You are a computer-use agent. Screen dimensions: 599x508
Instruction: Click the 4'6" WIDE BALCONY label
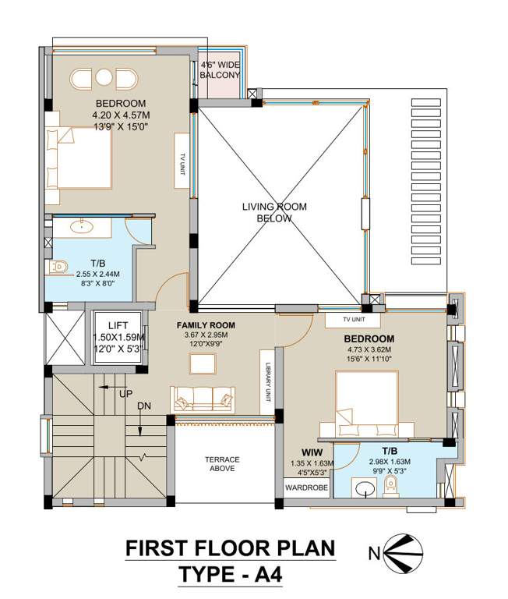click(220, 69)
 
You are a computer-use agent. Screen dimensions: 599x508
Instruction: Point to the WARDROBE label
click(306, 488)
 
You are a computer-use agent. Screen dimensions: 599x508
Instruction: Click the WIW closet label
click(313, 452)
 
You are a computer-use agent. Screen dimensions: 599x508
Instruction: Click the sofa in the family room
click(203, 399)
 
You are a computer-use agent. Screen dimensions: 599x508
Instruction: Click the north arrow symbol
click(399, 553)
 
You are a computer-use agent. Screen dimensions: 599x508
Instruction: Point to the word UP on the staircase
click(125, 394)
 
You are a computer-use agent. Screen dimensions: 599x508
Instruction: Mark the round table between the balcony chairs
click(104, 78)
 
